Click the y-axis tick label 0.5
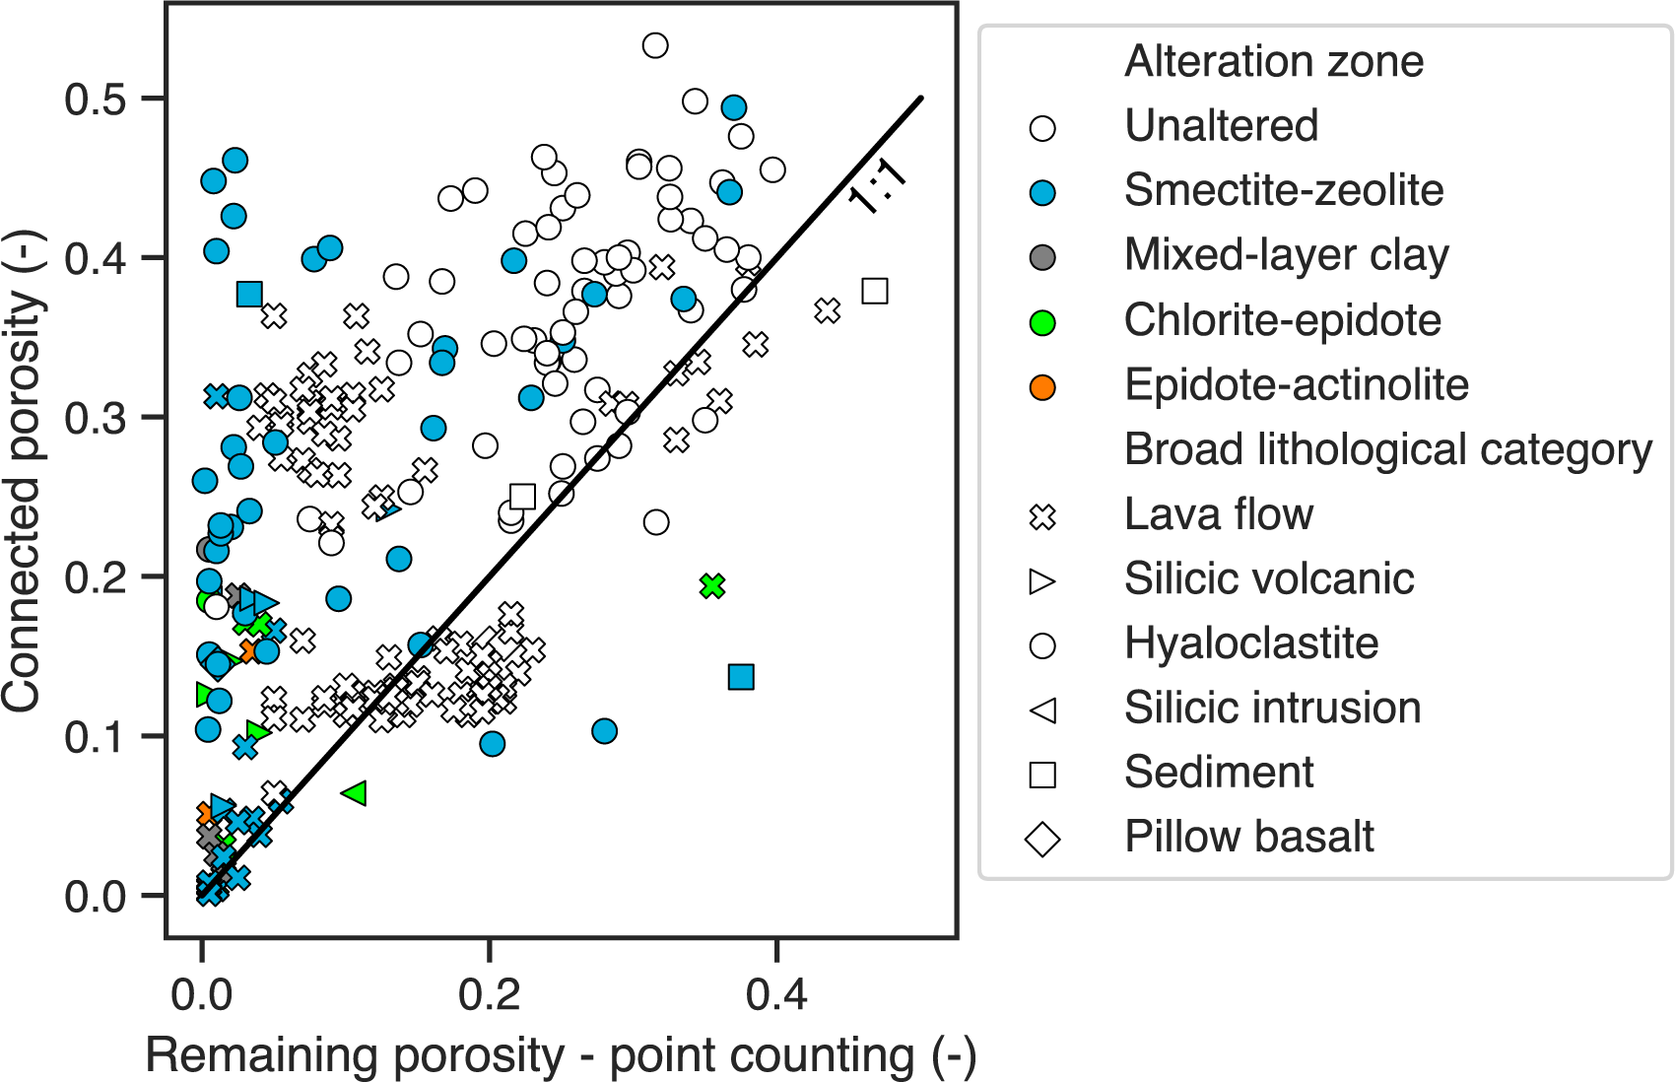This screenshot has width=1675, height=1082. [x=95, y=100]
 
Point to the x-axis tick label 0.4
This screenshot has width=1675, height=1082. [x=775, y=994]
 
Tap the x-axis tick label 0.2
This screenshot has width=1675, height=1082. [x=489, y=994]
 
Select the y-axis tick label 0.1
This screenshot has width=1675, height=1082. [x=95, y=737]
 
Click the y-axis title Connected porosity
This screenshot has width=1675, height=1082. [x=22, y=470]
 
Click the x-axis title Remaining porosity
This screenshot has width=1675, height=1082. [x=560, y=1055]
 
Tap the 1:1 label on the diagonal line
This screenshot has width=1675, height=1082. [x=876, y=185]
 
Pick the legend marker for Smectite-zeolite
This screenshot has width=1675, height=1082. [x=1042, y=192]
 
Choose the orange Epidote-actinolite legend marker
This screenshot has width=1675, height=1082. [x=1042, y=387]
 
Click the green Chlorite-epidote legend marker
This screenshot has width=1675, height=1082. [x=1042, y=322]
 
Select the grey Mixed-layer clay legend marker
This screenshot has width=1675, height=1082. [x=1042, y=257]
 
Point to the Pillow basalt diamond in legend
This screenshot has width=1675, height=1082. [x=1042, y=840]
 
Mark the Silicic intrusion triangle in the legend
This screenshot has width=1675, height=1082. [x=1042, y=710]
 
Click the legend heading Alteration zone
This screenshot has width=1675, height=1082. [x=1274, y=61]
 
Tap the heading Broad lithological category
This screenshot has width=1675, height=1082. [x=1387, y=449]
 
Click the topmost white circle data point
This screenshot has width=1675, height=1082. [x=655, y=45]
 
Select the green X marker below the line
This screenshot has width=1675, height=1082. [x=712, y=586]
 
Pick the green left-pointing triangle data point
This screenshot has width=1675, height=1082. [x=355, y=792]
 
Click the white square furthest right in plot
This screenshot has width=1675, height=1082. [x=875, y=291]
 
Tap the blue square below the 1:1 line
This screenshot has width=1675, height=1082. [x=741, y=677]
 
